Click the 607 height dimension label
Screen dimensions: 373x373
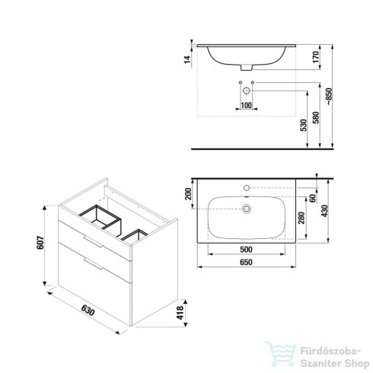coord(40,243)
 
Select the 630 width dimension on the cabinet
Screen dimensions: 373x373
coord(88,310)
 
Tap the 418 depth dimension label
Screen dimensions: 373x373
coord(180,313)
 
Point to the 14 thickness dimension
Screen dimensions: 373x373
coord(187,59)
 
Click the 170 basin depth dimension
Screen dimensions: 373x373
coord(315,57)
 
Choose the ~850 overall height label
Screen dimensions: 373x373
coord(329,97)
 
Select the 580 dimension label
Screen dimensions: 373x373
coord(316,117)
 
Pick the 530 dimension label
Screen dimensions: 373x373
coord(304,125)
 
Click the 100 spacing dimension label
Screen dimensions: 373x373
coord(246,105)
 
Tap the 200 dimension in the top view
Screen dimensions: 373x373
coord(188,194)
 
